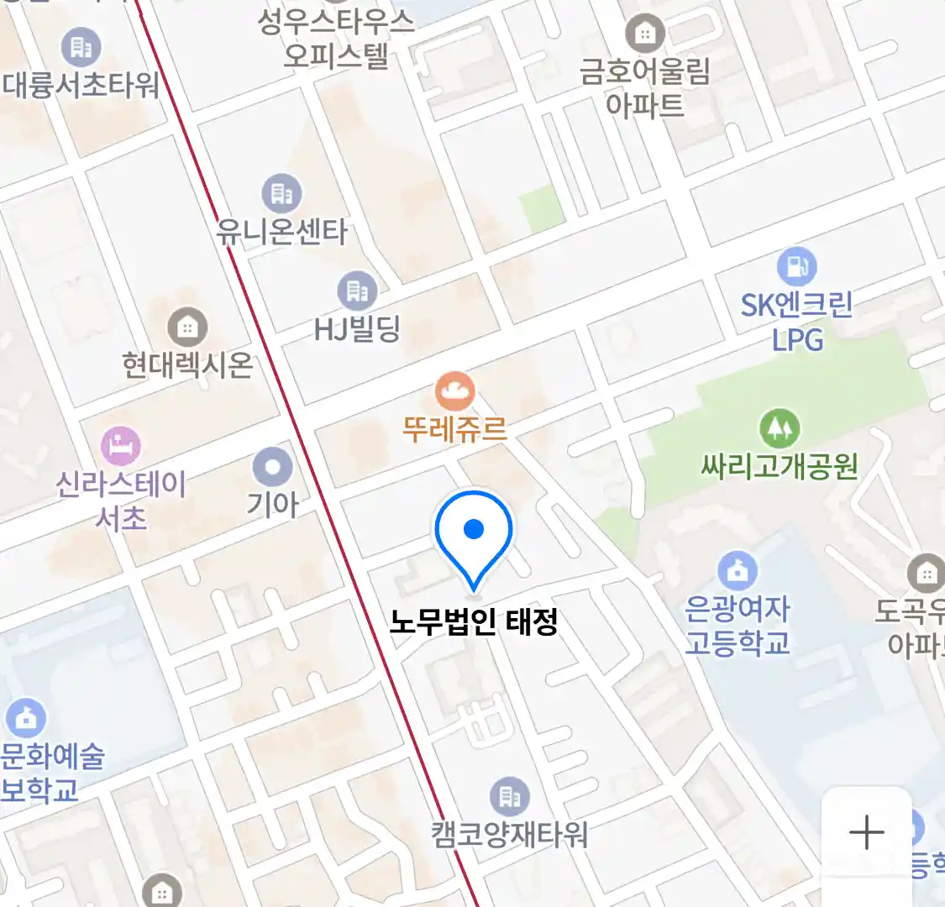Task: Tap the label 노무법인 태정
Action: coord(474,622)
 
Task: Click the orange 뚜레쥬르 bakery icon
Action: coord(454,391)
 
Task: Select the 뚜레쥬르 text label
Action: coord(454,429)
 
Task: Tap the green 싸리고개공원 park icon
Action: coord(780,429)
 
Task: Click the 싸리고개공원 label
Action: coord(780,465)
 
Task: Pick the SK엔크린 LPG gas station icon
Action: coord(796,267)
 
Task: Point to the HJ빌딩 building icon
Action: coord(357,291)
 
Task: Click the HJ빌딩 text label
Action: coord(357,329)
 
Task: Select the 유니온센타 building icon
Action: coord(281,194)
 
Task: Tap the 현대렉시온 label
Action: coord(186,364)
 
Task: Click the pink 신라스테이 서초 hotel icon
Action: coord(121,446)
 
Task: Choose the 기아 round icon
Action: coord(273,467)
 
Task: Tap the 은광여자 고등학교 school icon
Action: coord(738,571)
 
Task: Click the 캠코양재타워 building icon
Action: coord(509,796)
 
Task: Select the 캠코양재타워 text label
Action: coord(509,834)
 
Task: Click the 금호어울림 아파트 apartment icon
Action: coord(645,34)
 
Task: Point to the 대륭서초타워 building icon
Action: coord(81,47)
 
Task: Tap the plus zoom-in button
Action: coord(866,832)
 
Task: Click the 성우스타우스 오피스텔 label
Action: coord(336,38)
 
